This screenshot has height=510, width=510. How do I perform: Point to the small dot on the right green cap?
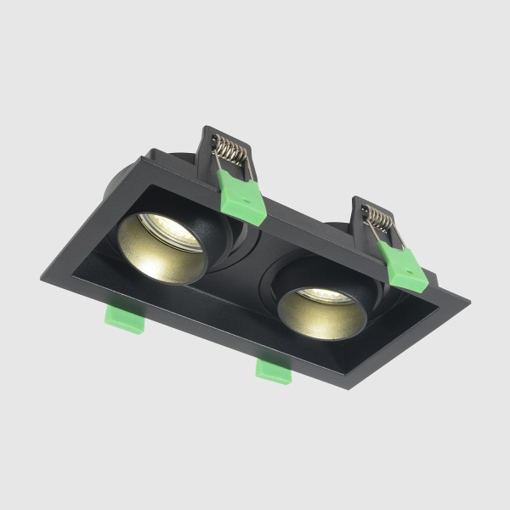click(411, 274)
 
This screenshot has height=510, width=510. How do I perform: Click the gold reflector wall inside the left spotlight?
click(161, 259)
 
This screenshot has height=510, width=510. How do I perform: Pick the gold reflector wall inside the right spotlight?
click(319, 319)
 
